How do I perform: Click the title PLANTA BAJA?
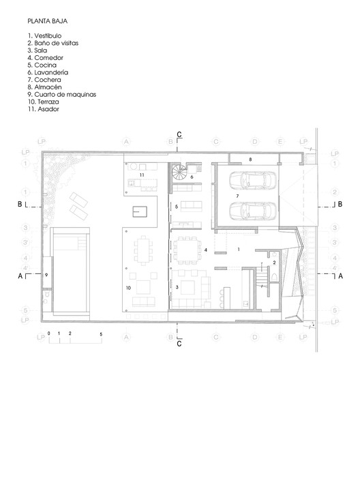point(46,21)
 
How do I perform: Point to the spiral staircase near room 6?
point(180,174)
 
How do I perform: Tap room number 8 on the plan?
point(251,159)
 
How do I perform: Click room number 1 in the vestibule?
point(239,250)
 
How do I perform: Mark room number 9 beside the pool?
point(46,274)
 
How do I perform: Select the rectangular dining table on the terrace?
point(144,250)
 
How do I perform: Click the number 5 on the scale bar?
point(101,334)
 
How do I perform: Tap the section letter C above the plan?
point(179,134)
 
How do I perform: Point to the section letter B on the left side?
point(20,204)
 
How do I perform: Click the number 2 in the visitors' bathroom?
point(273,262)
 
